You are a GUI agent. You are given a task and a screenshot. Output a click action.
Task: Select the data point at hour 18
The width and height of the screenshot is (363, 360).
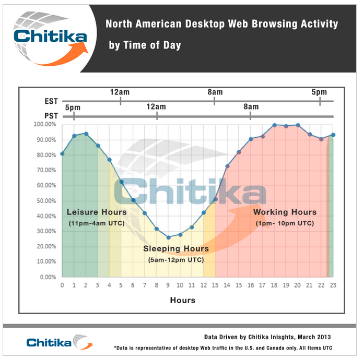[x=274, y=125]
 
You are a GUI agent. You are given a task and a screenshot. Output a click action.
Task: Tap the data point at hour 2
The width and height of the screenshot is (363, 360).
[x=86, y=134]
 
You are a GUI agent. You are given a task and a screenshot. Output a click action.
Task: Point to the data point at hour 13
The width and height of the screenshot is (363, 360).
[x=216, y=199]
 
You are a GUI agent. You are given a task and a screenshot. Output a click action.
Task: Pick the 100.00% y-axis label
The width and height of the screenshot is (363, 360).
[x=46, y=125]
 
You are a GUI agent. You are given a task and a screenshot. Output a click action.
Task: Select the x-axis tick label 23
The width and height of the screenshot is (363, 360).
[x=333, y=285]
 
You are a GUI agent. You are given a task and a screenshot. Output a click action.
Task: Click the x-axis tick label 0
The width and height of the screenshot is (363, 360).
[x=62, y=285]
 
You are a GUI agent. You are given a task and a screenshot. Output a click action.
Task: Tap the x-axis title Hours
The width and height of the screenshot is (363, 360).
[x=182, y=300]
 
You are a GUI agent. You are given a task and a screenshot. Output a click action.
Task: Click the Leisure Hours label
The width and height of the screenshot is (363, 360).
[x=97, y=212]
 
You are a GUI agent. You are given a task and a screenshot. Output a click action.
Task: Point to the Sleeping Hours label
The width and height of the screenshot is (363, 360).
[x=176, y=249]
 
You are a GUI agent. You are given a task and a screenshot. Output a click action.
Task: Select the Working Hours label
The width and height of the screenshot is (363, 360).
[x=285, y=212]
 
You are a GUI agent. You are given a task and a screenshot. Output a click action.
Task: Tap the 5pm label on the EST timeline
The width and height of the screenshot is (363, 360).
[x=319, y=92]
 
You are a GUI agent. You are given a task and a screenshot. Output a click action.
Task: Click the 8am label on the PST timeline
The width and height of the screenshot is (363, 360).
[x=251, y=107]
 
